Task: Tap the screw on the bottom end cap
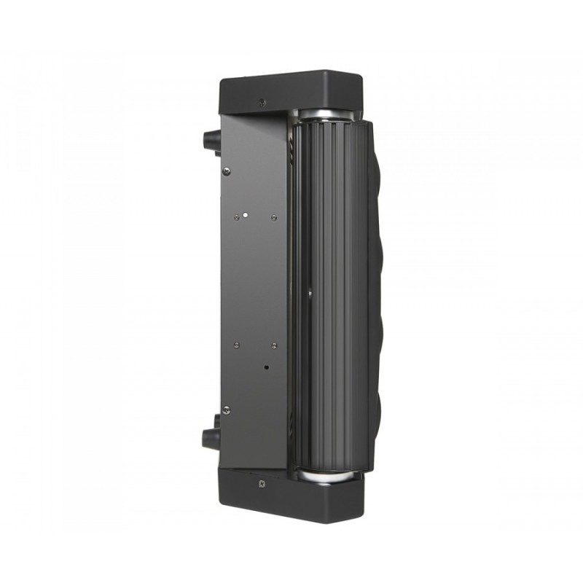pyautogui.click(x=261, y=482)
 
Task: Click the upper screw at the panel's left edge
pyautogui.click(x=227, y=171)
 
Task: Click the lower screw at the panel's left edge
pyautogui.click(x=226, y=409)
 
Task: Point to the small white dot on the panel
pyautogui.click(x=246, y=216)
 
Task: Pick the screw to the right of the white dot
pyautogui.click(x=273, y=216)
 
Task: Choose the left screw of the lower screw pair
pyautogui.click(x=236, y=344)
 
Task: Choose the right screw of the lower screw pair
pyautogui.click(x=273, y=345)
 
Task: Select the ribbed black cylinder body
pyautogui.click(x=332, y=291)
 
